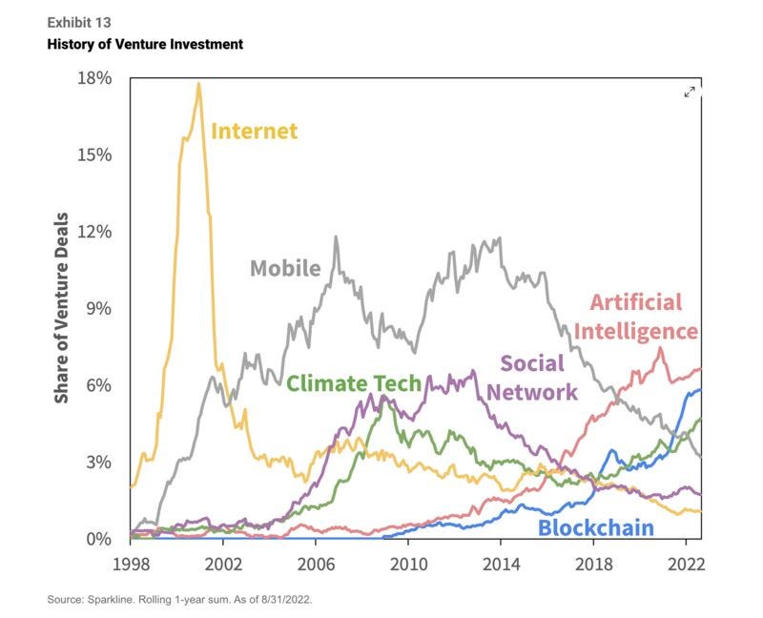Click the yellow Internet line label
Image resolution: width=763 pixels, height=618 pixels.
pyautogui.click(x=255, y=131)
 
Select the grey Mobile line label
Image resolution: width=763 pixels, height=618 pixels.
pyautogui.click(x=285, y=268)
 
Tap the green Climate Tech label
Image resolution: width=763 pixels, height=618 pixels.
pyautogui.click(x=354, y=383)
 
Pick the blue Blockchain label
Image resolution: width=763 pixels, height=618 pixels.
pyautogui.click(x=596, y=527)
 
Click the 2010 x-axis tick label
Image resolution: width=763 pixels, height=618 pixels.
pyautogui.click(x=409, y=564)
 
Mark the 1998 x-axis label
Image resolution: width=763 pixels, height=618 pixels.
pyautogui.click(x=131, y=564)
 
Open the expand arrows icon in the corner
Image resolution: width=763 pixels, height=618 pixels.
pyautogui.click(x=691, y=92)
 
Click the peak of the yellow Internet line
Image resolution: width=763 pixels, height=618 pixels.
pyautogui.click(x=198, y=84)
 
